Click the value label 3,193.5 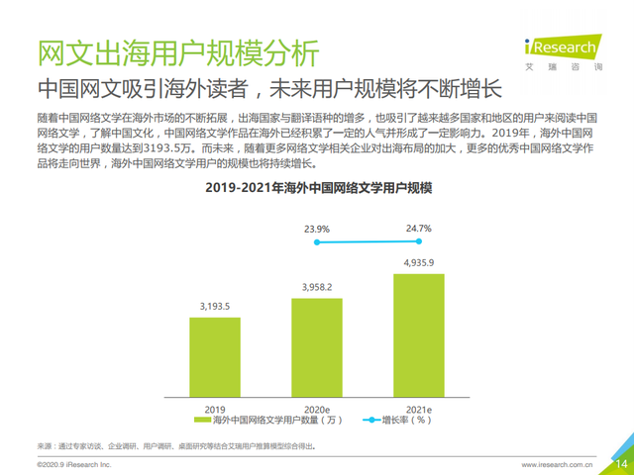pos(215,307)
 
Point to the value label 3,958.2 pos(316,287)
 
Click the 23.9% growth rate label pos(316,229)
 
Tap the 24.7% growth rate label pos(419,229)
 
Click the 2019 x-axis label pos(215,408)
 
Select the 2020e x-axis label pos(316,408)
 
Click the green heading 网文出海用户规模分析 pos(179,50)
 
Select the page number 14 pos(621,463)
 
